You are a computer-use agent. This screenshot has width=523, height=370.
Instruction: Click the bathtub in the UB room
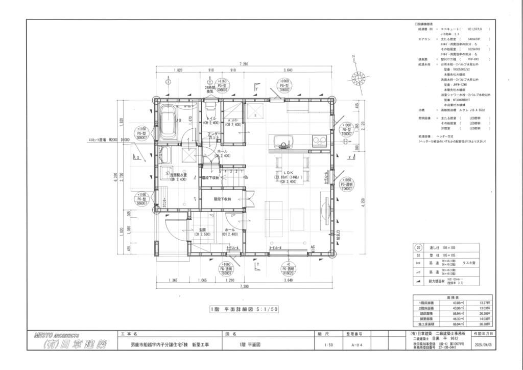coord(168,122)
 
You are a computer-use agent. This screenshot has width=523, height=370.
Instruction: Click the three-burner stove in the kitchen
coord(318,141)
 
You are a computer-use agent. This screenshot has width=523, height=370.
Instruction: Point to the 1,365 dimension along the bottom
coord(172,281)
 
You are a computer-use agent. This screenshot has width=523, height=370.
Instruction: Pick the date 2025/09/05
coord(484,345)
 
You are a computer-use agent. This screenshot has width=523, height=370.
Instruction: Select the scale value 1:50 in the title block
coord(323,345)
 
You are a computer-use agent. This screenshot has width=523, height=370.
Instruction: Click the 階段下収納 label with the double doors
coord(223,199)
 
